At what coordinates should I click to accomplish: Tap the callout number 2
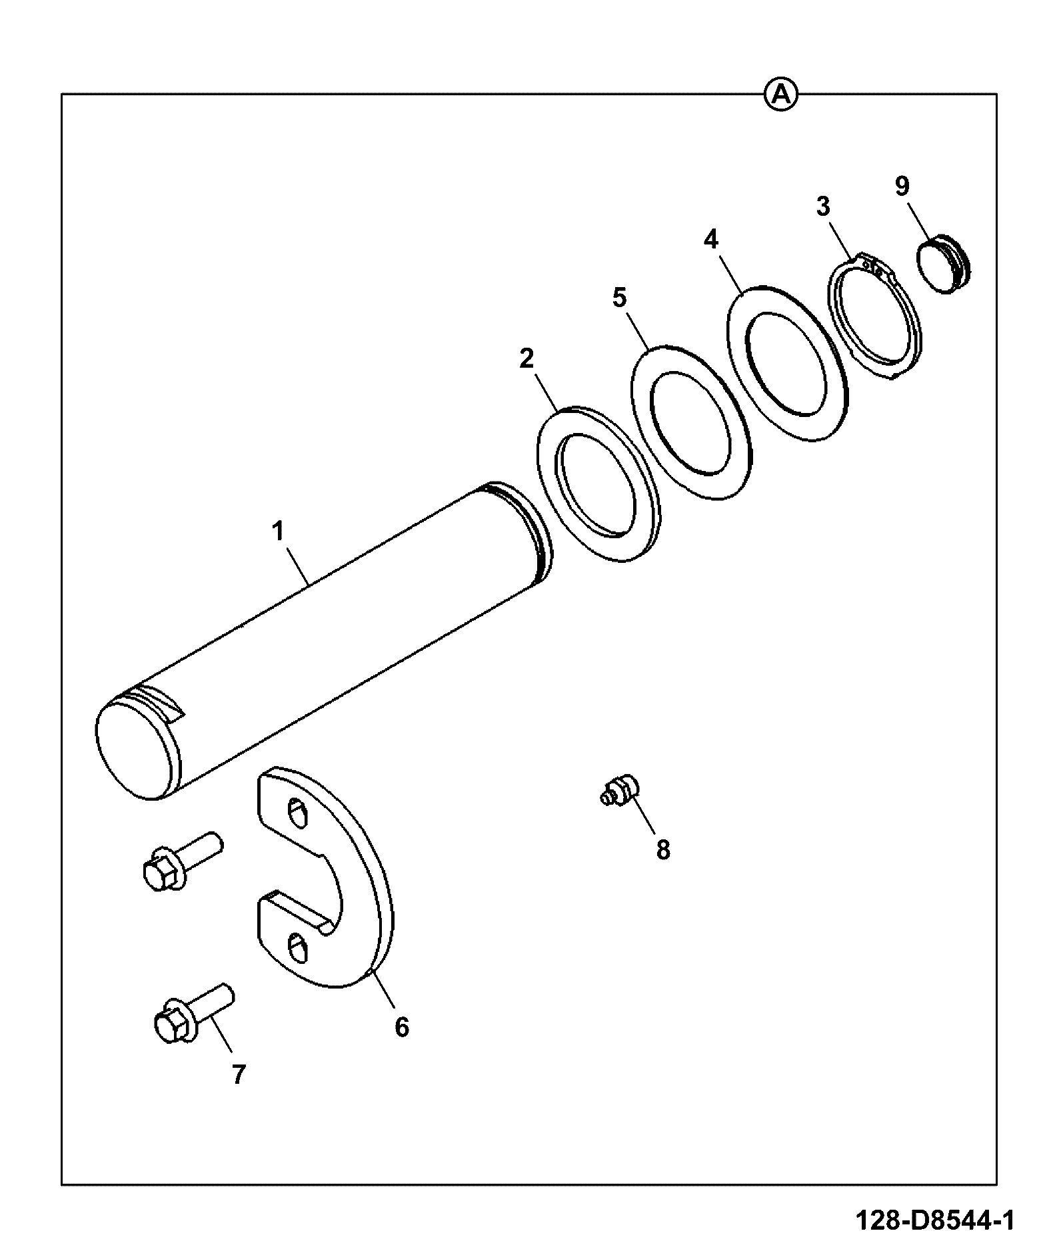coord(527,359)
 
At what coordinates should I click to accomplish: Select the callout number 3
coord(824,207)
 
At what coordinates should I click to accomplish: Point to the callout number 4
coord(712,239)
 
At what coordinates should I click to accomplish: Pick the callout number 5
coord(620,298)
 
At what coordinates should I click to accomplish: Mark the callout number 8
coord(662,850)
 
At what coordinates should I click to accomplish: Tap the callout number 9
coord(902,186)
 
